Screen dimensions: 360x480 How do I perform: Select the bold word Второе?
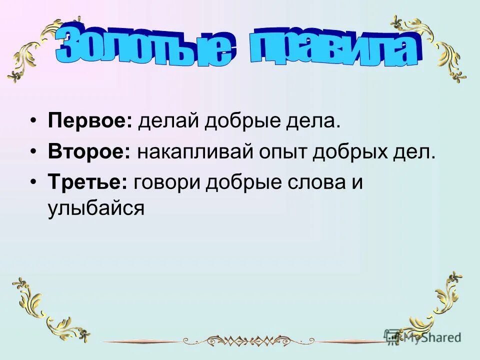point(89,152)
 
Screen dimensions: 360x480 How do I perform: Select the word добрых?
point(353,152)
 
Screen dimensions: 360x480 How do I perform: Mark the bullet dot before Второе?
point(33,152)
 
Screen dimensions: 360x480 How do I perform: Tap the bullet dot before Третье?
point(33,182)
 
